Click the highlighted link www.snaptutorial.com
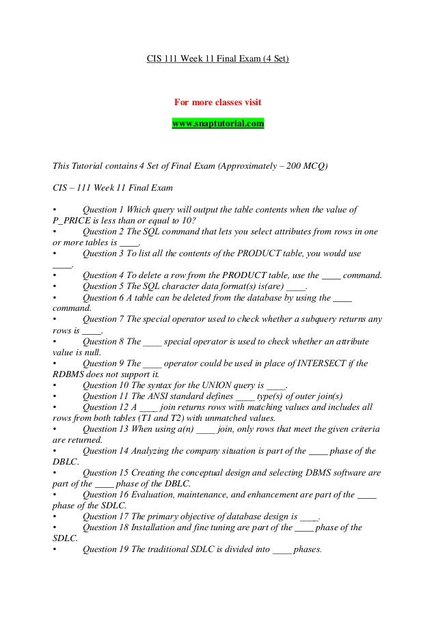click(x=217, y=124)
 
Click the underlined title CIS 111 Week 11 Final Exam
click(x=218, y=59)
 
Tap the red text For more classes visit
click(x=217, y=103)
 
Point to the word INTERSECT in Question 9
click(x=327, y=363)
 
